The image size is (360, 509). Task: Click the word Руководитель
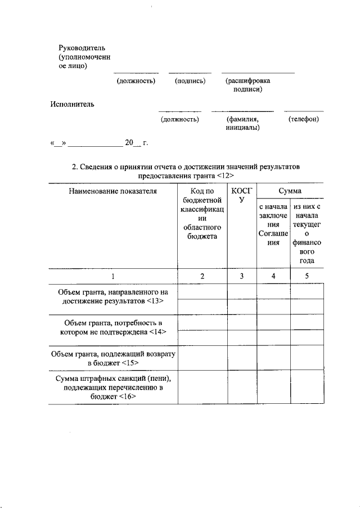pyautogui.click(x=82, y=47)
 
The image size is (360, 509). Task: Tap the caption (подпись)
pyautogui.click(x=190, y=81)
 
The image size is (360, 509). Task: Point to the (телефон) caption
pyautogui.click(x=303, y=119)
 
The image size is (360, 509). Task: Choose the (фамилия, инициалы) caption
pyautogui.click(x=242, y=123)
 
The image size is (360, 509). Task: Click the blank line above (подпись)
pyautogui.click(x=190, y=73)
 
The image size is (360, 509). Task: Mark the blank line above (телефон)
pyautogui.click(x=303, y=111)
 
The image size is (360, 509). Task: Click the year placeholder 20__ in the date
pyautogui.click(x=132, y=143)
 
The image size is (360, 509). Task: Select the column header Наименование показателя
pyautogui.click(x=112, y=191)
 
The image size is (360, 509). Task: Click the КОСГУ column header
pyautogui.click(x=242, y=195)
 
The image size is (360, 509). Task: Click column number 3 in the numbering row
pyautogui.click(x=242, y=276)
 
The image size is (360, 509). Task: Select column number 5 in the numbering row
pyautogui.click(x=307, y=276)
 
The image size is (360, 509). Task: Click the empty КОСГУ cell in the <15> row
pyautogui.click(x=242, y=358)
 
